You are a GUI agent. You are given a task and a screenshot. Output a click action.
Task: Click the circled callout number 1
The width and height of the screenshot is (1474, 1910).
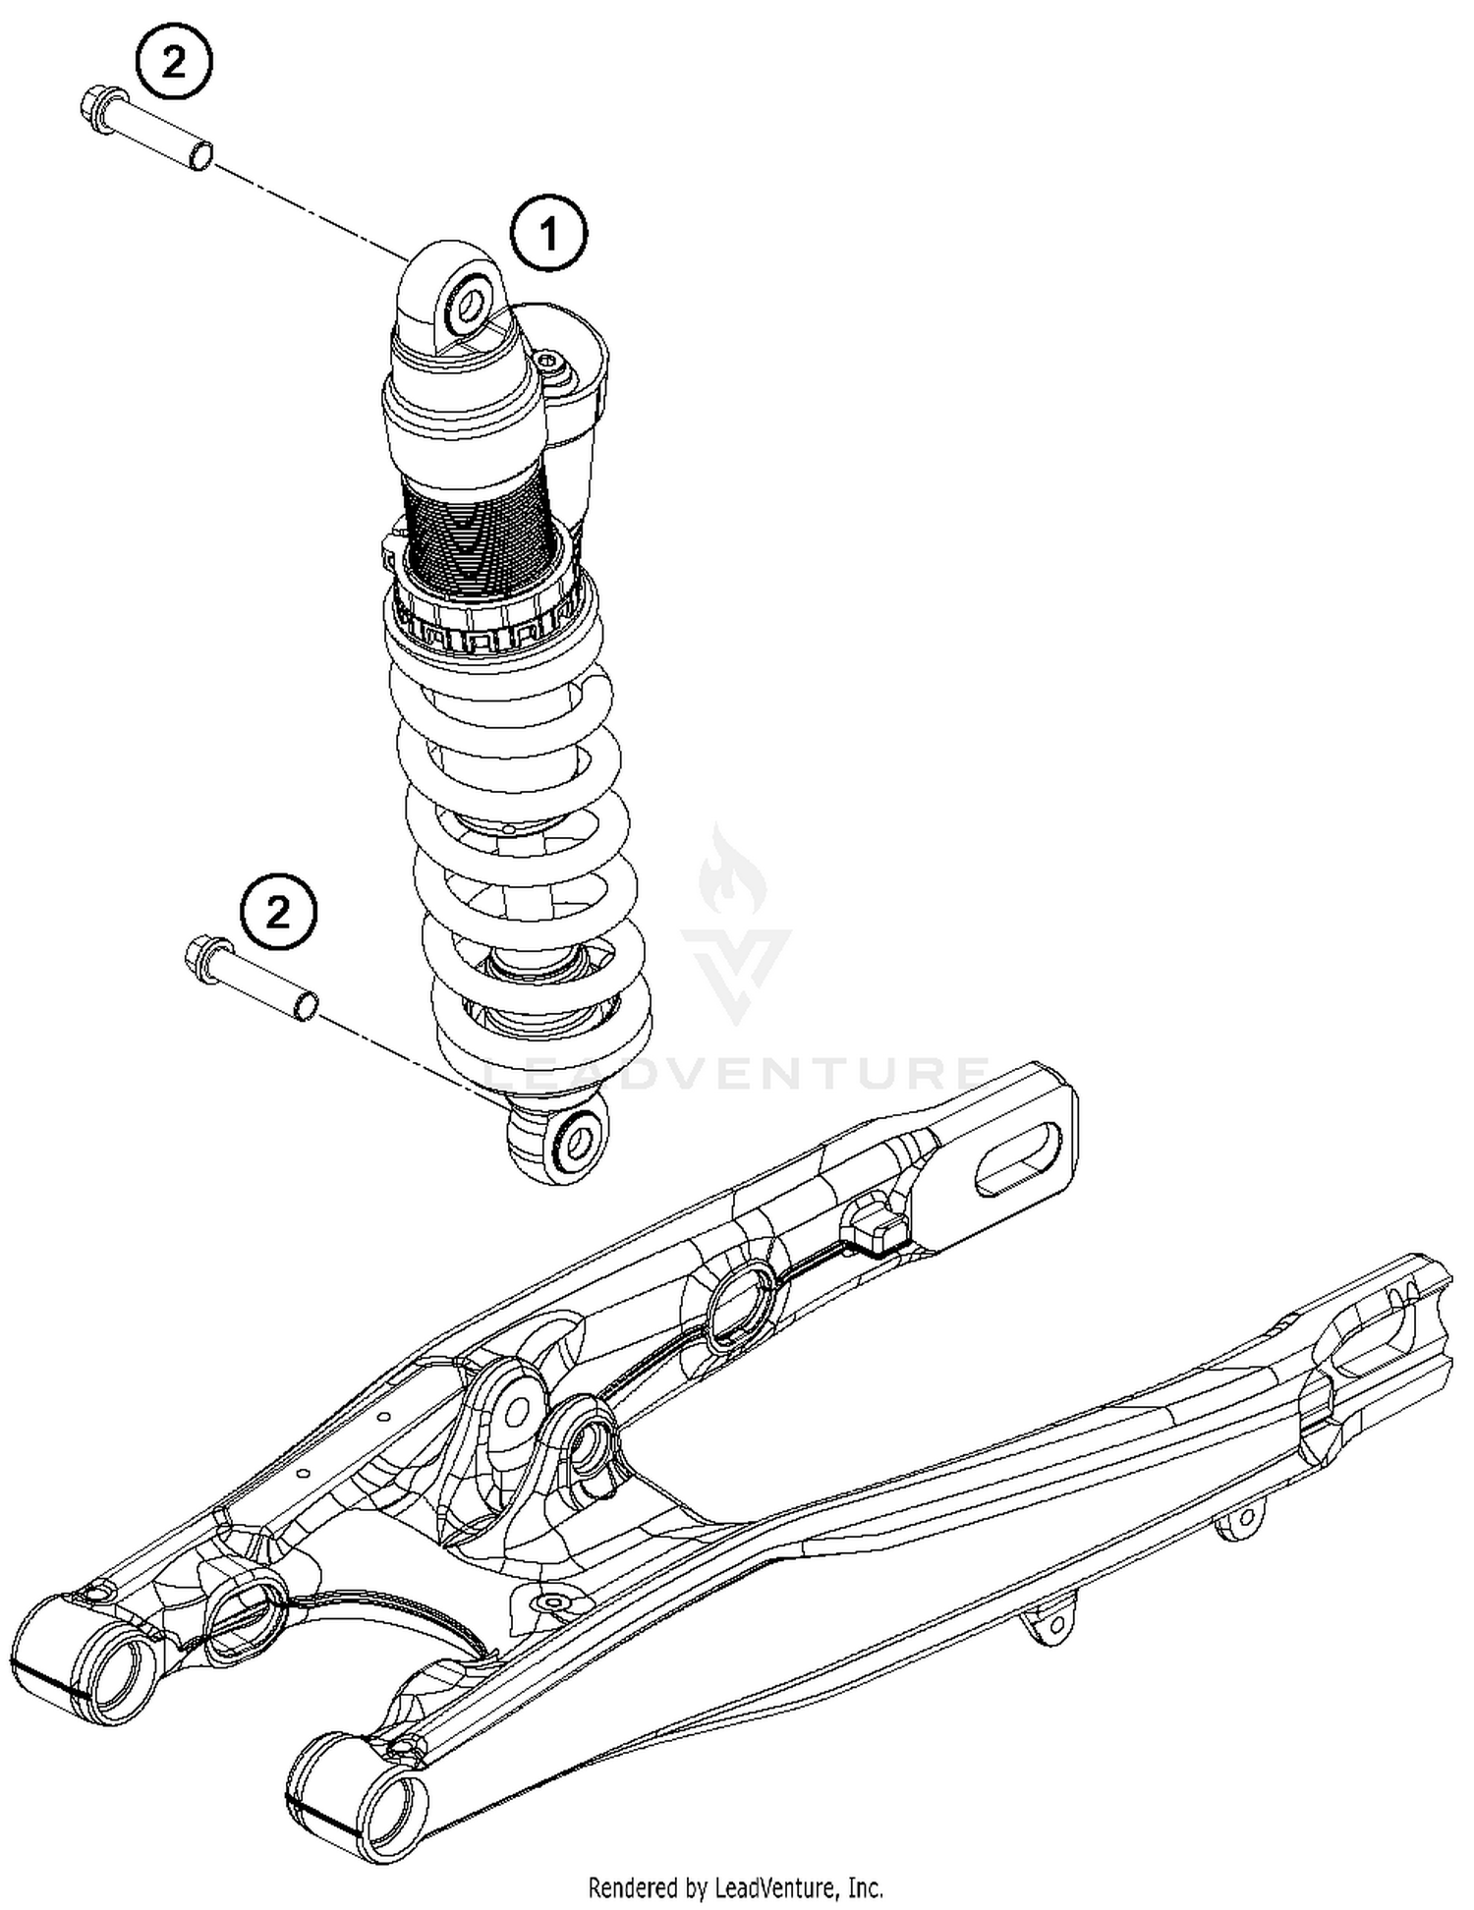pos(548,234)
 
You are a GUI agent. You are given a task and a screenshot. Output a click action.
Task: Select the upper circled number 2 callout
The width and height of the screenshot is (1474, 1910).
pos(173,64)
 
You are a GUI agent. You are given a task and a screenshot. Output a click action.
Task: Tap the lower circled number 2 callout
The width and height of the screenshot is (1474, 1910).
pos(279,914)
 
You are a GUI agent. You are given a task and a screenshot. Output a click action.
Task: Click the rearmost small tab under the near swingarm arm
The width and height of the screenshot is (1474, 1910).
pos(1239,1525)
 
